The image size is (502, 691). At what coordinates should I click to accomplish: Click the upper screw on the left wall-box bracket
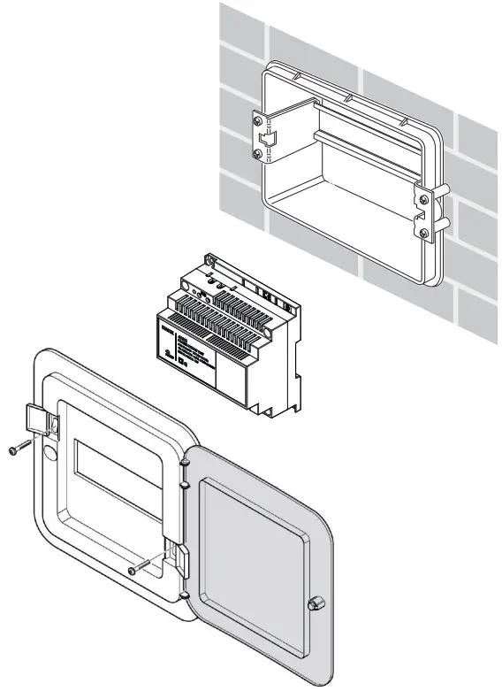coord(257,119)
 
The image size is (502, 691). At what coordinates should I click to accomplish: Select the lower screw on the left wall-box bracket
coord(257,155)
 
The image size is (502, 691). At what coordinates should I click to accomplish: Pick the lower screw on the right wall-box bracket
coord(424,233)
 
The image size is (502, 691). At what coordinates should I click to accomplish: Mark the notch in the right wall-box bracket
coord(422,215)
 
